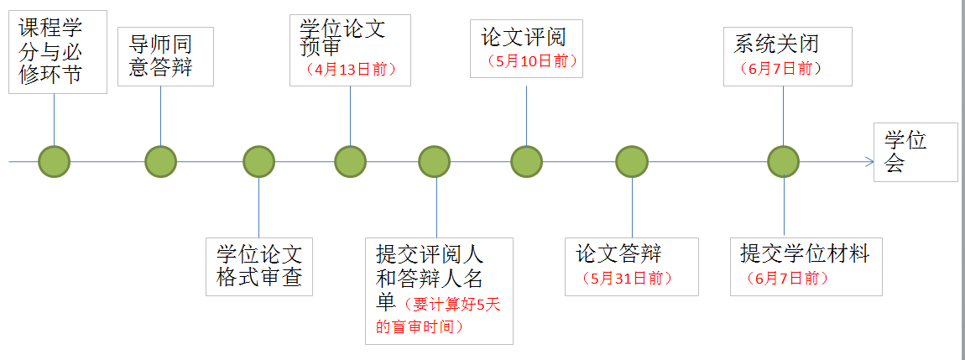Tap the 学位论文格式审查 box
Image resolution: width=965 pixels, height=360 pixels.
point(259,266)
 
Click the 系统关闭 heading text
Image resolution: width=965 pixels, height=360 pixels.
point(776,43)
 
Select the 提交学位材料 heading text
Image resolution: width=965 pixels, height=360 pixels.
point(805,253)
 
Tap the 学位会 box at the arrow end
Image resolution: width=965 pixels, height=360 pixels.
point(915,152)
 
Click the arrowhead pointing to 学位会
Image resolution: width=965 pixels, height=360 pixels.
point(870,161)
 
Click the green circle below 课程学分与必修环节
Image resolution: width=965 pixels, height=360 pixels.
point(55,161)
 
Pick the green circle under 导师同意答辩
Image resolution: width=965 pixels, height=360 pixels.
point(160,161)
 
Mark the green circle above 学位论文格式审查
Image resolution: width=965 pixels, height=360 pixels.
point(258,161)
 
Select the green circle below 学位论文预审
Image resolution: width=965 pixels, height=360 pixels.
point(350,161)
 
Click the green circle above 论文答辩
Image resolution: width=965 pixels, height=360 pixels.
point(632,161)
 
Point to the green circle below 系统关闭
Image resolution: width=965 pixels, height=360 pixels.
point(783,161)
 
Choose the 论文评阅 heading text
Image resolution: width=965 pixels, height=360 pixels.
point(524,37)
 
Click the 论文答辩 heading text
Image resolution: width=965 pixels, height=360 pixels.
point(619,253)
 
